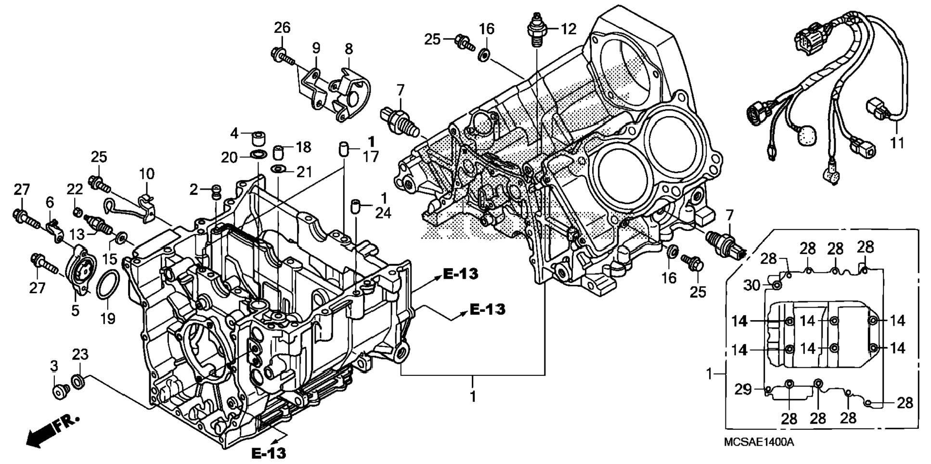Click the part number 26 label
pyautogui.click(x=282, y=28)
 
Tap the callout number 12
pyautogui.click(x=568, y=29)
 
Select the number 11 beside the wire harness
pyautogui.click(x=897, y=143)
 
